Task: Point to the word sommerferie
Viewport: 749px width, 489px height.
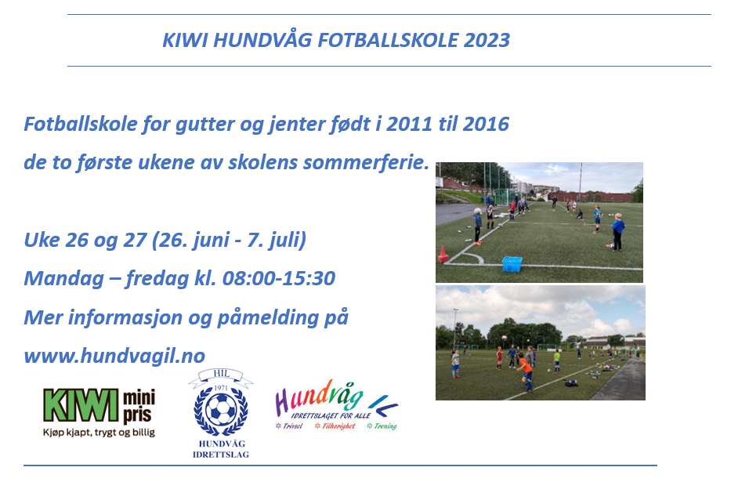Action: point(367,162)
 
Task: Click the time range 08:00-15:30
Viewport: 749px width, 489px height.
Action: point(279,278)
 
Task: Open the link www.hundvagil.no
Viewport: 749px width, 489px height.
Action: point(114,356)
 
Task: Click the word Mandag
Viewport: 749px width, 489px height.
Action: point(64,279)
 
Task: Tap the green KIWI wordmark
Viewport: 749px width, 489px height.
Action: point(81,405)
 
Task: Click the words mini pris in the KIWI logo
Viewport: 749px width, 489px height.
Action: point(139,406)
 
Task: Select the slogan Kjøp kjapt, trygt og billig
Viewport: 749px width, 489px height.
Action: point(100,433)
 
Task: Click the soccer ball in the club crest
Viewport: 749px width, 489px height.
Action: point(220,410)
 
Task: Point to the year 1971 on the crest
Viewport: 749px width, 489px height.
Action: point(221,388)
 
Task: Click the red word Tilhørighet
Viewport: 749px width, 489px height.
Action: point(338,426)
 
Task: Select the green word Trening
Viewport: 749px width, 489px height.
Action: point(385,426)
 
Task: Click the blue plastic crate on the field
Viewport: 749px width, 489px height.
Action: point(512,264)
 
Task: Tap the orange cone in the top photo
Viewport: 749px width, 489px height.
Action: point(443,255)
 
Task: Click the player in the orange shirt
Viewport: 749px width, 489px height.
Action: point(526,371)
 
